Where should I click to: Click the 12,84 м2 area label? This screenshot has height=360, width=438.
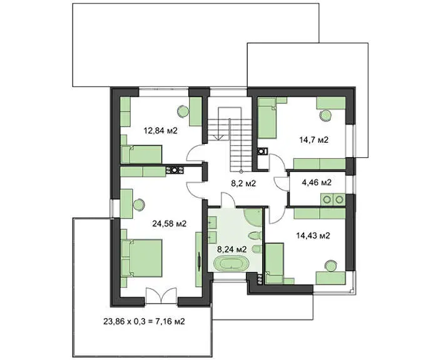(160, 130)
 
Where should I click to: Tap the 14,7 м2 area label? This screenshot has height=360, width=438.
(313, 140)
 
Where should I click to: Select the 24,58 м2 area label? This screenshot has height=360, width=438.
(170, 224)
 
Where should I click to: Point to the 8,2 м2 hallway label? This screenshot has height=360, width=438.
(243, 183)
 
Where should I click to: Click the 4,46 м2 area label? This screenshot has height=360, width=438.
(317, 183)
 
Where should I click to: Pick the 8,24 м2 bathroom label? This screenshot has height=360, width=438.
(232, 249)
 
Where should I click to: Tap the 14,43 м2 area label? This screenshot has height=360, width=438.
(313, 235)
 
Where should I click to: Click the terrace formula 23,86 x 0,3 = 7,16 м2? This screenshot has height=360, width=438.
(144, 321)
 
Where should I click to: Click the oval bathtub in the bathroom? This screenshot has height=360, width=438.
(231, 264)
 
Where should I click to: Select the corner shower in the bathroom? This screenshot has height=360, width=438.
(253, 217)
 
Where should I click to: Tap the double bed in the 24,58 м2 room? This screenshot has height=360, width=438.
(141, 258)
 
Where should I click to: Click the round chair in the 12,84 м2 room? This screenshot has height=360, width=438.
(183, 111)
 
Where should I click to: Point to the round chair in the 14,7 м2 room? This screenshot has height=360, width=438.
(325, 115)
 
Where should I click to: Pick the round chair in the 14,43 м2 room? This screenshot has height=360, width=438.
(331, 266)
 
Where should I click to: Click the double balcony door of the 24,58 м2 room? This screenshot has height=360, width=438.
(161, 296)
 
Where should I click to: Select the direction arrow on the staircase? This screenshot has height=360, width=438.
(218, 137)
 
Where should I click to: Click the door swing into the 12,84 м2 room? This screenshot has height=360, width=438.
(195, 155)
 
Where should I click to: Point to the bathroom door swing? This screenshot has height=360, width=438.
(228, 200)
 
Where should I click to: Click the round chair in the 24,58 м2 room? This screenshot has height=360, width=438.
(138, 205)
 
